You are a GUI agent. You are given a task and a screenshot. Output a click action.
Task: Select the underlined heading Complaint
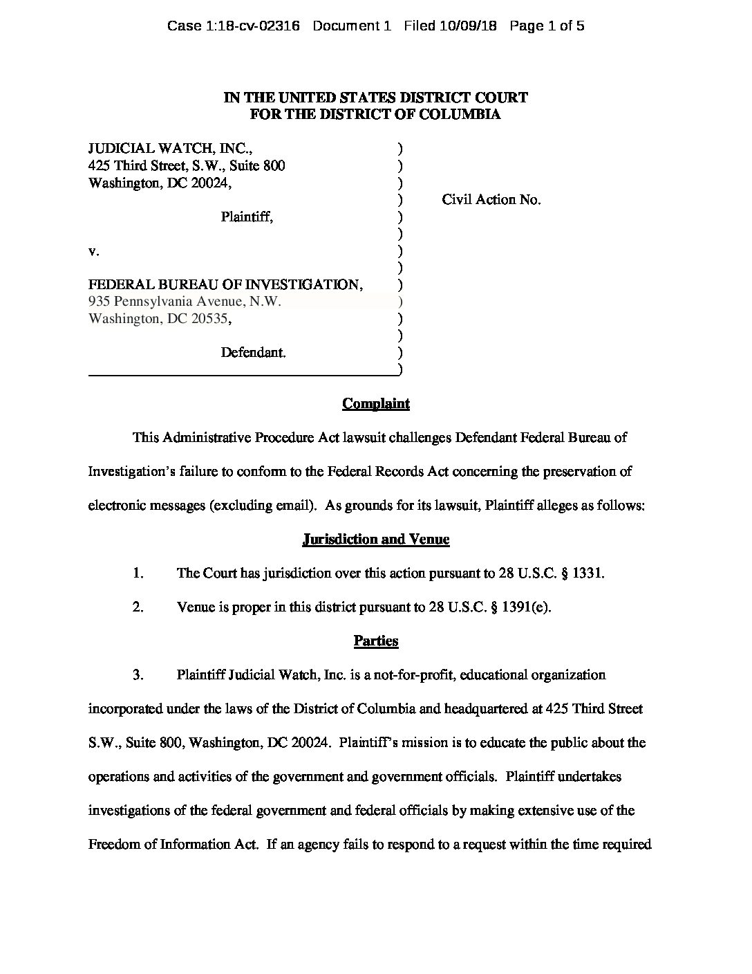(376, 403)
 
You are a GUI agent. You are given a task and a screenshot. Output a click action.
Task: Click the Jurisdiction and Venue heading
(376, 539)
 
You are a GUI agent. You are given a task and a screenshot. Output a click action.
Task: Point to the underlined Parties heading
(376, 641)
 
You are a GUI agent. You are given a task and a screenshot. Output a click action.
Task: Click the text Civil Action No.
(491, 200)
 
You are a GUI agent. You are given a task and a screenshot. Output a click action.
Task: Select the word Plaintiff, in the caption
(247, 217)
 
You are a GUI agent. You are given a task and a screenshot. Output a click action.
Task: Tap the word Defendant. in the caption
(253, 352)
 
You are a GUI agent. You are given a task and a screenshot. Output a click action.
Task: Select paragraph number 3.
(138, 674)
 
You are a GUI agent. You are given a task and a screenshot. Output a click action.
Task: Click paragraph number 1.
(138, 573)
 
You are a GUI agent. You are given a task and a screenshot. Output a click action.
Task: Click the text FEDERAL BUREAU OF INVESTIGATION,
(226, 284)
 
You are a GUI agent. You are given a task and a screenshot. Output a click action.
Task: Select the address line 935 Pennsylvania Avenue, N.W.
(185, 302)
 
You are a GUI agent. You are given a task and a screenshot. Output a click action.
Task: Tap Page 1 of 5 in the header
(547, 26)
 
